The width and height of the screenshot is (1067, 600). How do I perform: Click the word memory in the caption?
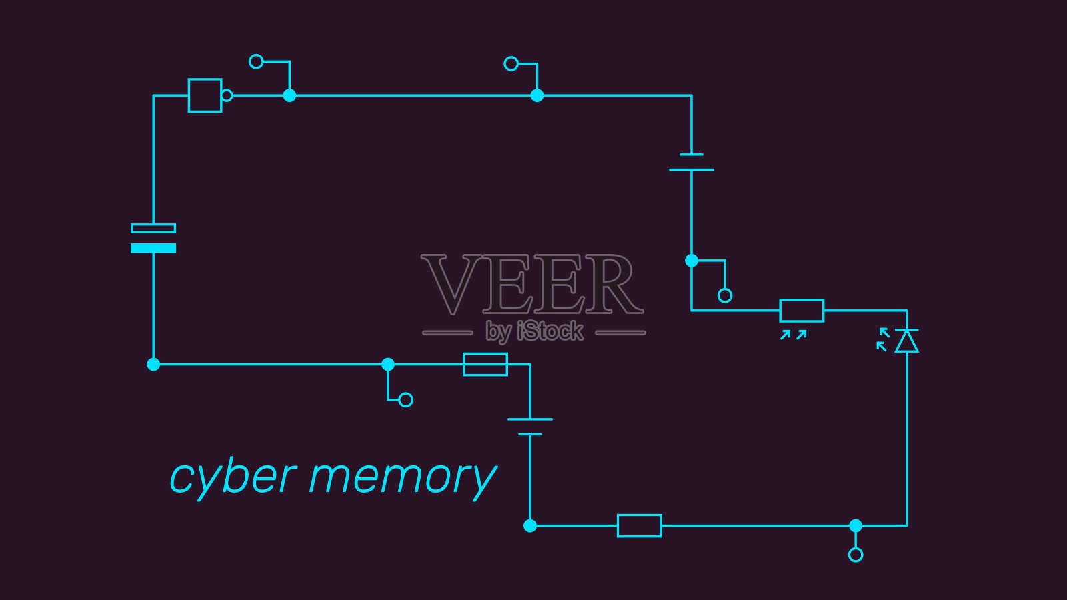click(403, 477)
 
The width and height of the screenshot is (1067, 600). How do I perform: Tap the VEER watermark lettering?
click(532, 285)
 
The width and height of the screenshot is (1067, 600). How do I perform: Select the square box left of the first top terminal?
click(205, 95)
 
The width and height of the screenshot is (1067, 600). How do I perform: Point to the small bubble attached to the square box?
click(227, 95)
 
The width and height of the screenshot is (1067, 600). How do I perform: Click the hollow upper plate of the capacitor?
click(153, 228)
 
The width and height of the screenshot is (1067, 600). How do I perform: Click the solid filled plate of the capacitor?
click(153, 248)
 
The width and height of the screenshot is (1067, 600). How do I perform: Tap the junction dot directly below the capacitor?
click(153, 364)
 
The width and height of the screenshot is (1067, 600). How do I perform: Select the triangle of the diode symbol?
click(906, 341)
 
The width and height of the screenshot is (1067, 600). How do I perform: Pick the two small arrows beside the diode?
click(882, 339)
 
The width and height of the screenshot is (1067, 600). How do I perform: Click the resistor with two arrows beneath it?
click(802, 311)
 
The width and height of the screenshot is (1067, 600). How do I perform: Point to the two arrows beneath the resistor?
click(794, 335)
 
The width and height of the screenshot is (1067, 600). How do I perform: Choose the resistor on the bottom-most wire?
click(639, 525)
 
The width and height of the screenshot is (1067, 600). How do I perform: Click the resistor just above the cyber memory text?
click(485, 364)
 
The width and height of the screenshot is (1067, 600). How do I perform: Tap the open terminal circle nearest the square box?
click(256, 61)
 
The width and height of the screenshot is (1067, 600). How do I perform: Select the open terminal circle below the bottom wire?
click(856, 555)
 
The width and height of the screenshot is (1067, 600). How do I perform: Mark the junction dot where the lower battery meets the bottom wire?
click(530, 525)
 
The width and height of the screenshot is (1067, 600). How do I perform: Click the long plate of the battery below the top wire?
click(692, 169)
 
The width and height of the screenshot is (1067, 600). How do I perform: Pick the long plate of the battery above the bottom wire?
click(530, 419)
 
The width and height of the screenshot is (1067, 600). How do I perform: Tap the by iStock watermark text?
click(534, 331)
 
